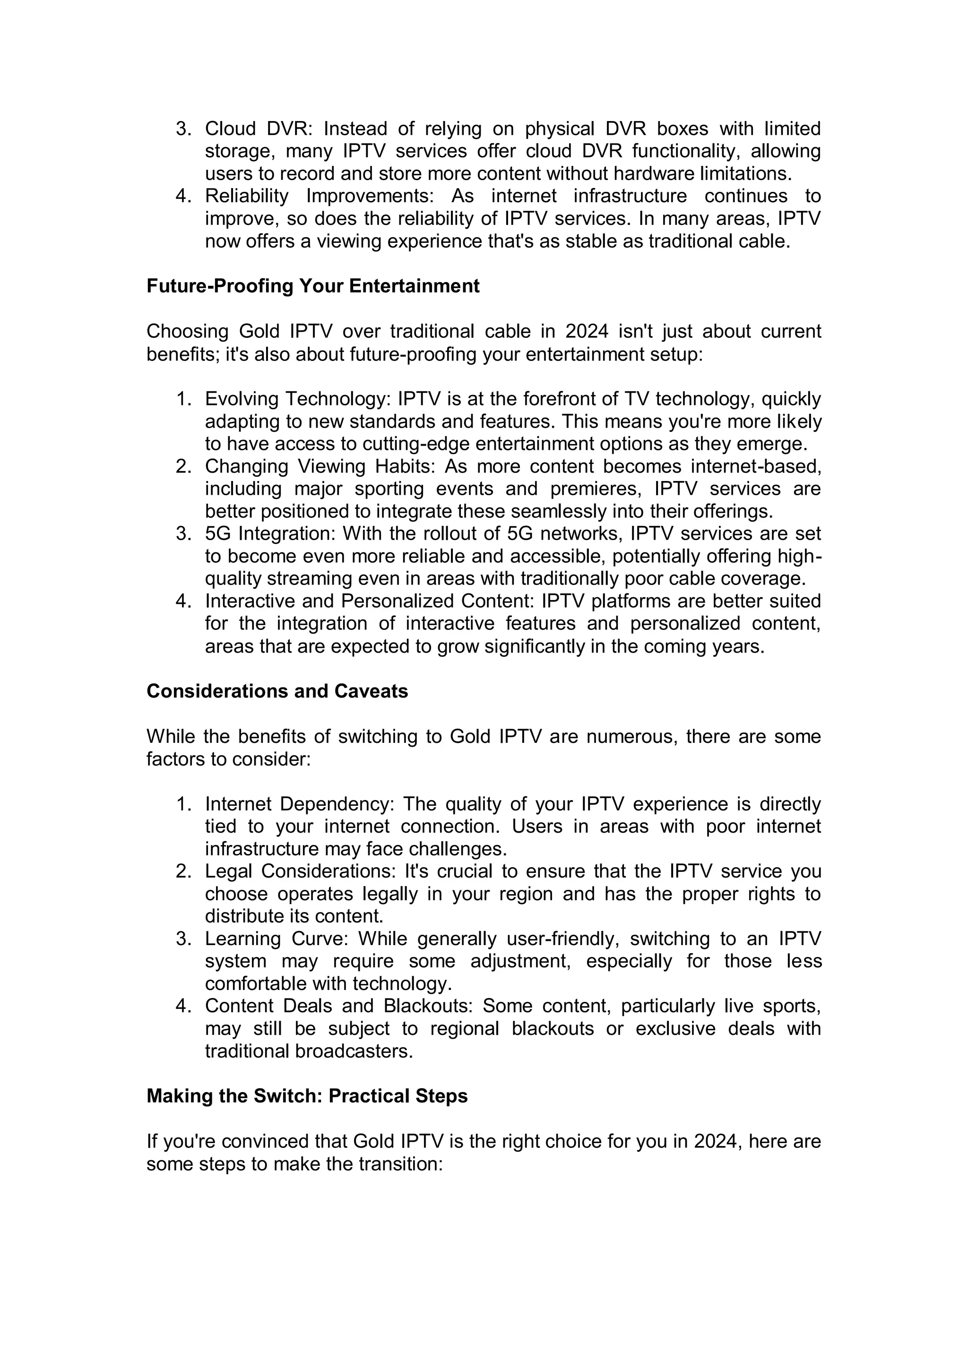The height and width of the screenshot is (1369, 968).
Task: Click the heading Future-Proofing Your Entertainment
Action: pyautogui.click(x=312, y=286)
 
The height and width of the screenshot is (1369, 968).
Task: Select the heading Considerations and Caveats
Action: pyautogui.click(x=277, y=691)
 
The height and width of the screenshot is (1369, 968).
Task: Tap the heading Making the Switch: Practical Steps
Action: pyautogui.click(x=307, y=1096)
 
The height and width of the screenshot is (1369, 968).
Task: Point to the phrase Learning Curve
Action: pyautogui.click(x=276, y=938)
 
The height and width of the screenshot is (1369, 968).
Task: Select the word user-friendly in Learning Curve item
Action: pyautogui.click(x=563, y=938)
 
